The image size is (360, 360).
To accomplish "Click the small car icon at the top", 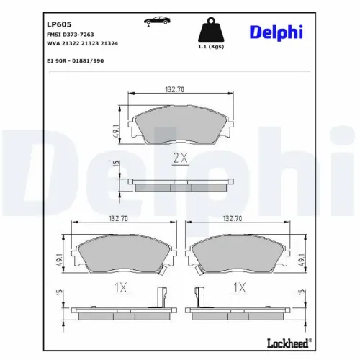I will pyautogui.click(x=153, y=22).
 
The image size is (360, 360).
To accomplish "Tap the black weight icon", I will pyautogui.click(x=210, y=30).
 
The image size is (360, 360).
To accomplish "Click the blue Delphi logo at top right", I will pyautogui.click(x=276, y=32).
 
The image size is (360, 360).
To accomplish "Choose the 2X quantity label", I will pyautogui.click(x=179, y=157).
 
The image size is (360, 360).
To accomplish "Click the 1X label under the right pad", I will pyautogui.click(x=238, y=287).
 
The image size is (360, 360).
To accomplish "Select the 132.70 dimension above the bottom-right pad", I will pyautogui.click(x=232, y=217).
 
